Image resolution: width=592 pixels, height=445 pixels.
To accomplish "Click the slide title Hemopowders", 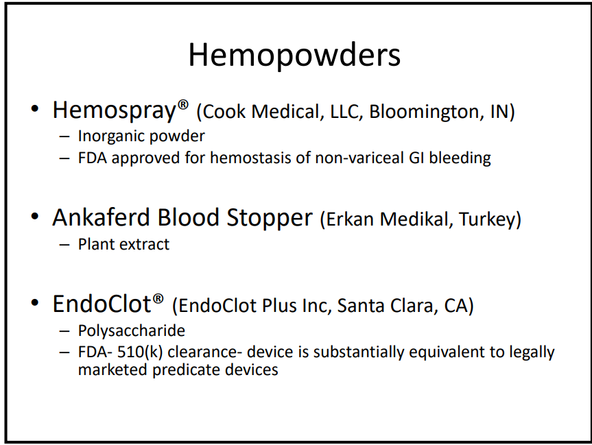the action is tap(294, 56).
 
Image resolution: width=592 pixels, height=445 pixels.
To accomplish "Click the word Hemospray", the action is tap(114, 111).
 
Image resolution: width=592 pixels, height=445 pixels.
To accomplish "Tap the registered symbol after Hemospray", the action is tap(182, 105).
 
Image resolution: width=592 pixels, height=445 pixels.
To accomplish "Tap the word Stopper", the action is tap(270, 219).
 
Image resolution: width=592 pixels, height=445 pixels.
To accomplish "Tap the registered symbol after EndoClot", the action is tap(158, 300).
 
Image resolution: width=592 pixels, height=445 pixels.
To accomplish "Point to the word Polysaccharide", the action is tap(132, 331).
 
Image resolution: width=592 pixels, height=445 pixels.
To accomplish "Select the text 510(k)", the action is tap(140, 352).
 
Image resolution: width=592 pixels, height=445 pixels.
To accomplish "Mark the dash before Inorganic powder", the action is tap(64, 136).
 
